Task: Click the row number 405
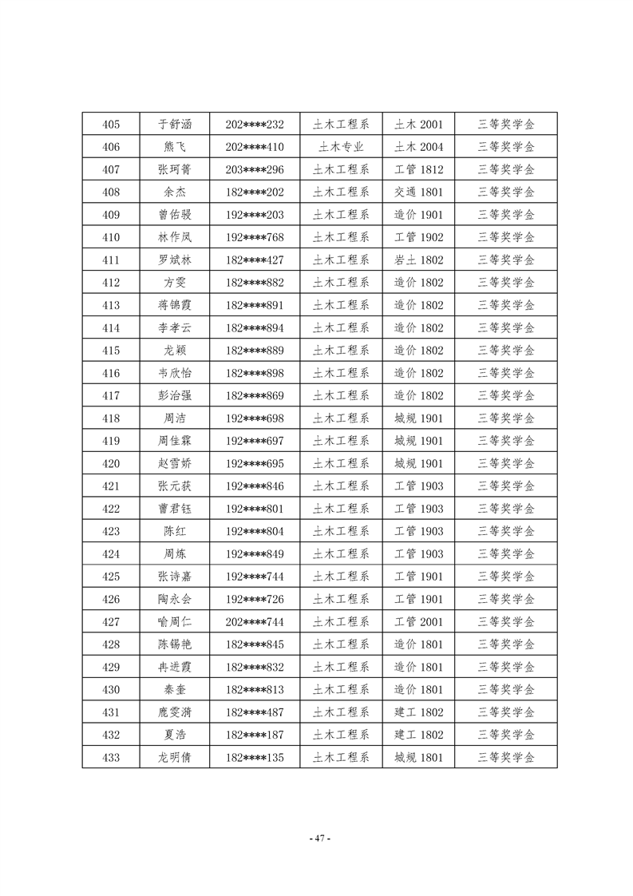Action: tap(112, 125)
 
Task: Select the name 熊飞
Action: tap(175, 147)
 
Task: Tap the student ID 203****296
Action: tap(255, 169)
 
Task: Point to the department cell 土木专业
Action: tap(341, 147)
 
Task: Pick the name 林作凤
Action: tap(175, 237)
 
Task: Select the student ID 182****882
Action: tap(255, 283)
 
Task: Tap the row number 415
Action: tap(112, 351)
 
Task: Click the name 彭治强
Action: tap(175, 396)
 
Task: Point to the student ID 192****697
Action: tap(255, 441)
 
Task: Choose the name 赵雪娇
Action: tap(175, 464)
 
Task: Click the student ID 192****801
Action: tap(255, 509)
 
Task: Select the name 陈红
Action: tap(175, 532)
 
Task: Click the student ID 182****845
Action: tap(255, 644)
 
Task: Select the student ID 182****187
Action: tap(255, 735)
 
